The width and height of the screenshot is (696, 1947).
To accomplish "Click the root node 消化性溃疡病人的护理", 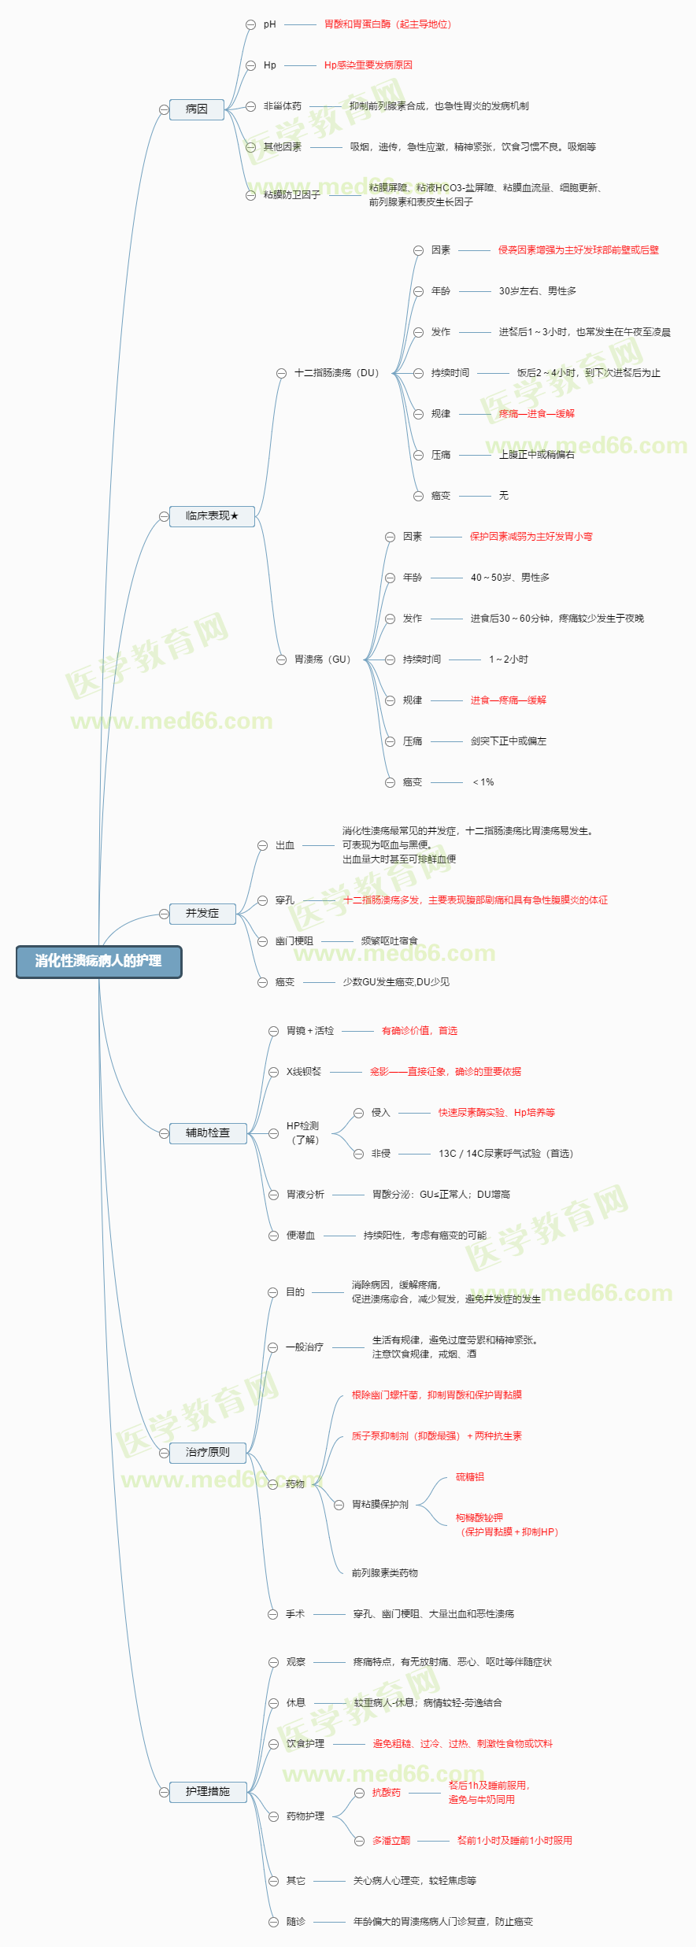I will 98,962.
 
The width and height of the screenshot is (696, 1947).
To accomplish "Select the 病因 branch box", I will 197,109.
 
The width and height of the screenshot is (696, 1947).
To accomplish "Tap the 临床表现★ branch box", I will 212,516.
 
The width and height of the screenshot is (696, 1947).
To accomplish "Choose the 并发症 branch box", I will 202,914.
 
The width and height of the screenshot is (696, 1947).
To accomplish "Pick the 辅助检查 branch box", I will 208,1133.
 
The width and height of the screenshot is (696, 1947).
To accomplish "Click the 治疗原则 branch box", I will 208,1452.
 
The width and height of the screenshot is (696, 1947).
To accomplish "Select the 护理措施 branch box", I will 208,1791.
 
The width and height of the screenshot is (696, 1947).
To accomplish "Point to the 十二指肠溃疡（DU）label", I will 336,373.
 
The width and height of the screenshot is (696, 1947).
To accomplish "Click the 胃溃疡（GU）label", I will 322,659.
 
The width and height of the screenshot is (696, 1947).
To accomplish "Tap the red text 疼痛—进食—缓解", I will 536,414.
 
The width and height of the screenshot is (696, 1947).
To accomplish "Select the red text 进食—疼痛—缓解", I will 508,700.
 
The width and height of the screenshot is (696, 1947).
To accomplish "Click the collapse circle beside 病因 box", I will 164,109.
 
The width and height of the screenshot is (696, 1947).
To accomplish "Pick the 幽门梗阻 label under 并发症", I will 294,941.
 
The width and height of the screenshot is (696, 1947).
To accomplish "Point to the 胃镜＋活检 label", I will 310,1031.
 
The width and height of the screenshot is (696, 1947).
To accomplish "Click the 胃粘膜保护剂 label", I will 380,1505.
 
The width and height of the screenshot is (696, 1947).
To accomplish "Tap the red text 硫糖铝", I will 470,1477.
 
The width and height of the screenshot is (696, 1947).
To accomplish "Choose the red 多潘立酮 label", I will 391,1840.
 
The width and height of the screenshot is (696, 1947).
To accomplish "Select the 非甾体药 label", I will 283,106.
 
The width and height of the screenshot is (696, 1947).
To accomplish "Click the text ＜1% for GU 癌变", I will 483,782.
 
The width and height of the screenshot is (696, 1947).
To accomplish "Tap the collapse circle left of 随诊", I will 273,1922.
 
